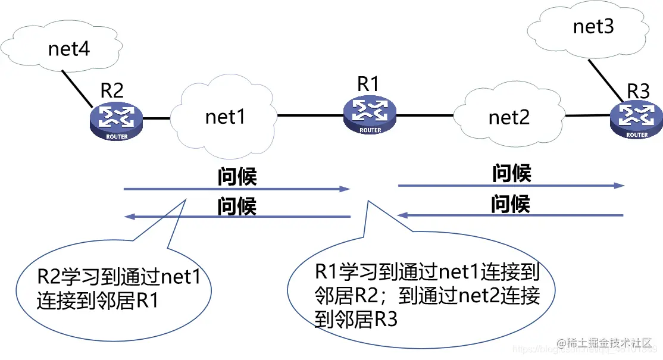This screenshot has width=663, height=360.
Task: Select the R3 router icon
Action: (636, 118)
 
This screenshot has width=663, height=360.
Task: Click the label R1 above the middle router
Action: (368, 84)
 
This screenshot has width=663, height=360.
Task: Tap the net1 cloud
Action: (225, 117)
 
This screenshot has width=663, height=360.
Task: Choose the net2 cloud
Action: (508, 117)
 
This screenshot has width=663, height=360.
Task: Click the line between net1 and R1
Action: (309, 114)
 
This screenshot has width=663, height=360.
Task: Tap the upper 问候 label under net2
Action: (511, 174)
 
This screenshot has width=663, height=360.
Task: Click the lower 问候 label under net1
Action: (236, 206)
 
